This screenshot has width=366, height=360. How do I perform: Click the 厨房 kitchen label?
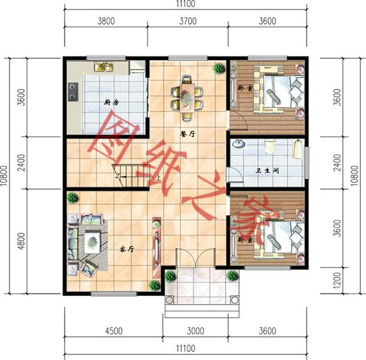pos(111,103)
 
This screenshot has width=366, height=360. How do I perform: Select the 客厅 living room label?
pos(126,249)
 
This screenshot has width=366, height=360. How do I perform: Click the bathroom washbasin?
pos(240,146)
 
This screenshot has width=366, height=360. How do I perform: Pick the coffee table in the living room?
pos(91,242)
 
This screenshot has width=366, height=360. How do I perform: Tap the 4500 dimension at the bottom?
pos(112,331)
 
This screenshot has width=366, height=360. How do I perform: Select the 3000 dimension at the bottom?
pos(195,331)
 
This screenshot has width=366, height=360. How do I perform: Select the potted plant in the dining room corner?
pos(219,69)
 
